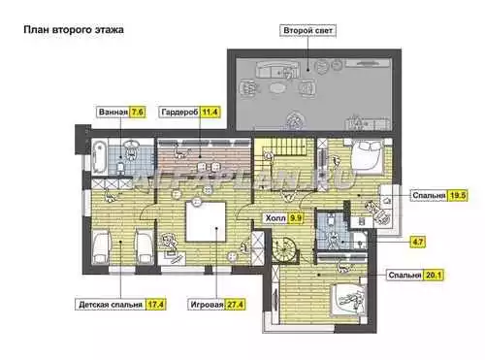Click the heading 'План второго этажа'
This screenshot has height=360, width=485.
[x=74, y=30]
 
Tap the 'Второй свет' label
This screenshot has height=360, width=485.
[x=307, y=31]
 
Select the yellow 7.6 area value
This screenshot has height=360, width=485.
[x=137, y=112]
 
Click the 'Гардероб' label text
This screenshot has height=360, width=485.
[x=179, y=113]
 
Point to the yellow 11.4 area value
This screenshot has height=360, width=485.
[x=210, y=112]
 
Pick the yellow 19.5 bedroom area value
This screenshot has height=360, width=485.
[x=458, y=195]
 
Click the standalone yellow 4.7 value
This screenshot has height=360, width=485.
[x=418, y=242]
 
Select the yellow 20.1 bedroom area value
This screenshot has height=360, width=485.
[x=434, y=275]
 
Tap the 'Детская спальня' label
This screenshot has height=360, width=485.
[x=111, y=305]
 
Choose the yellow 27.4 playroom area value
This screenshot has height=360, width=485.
[x=235, y=305]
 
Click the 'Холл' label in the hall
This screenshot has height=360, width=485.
[x=275, y=218]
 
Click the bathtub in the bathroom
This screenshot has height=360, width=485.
[x=99, y=157]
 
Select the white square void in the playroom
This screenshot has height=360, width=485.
[x=206, y=222]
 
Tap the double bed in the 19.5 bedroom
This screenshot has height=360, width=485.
[x=368, y=155]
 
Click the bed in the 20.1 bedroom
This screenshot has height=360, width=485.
[x=348, y=299]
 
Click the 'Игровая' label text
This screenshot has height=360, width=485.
[x=207, y=305]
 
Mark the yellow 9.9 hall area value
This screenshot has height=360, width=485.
[x=295, y=218]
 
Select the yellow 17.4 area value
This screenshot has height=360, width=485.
[x=155, y=305]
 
